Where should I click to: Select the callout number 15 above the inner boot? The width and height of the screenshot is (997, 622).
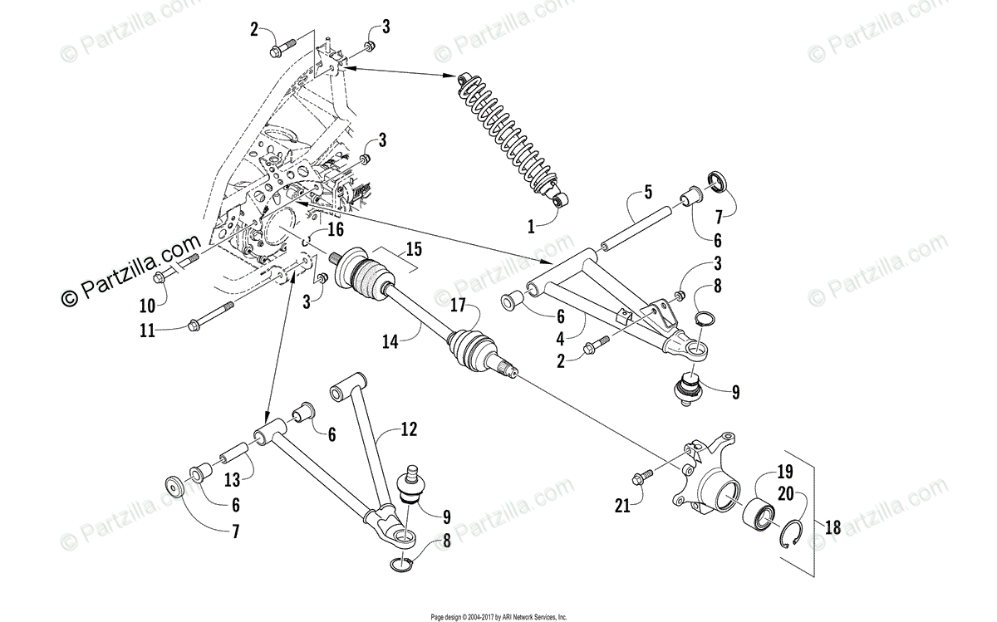(x=413, y=247)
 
